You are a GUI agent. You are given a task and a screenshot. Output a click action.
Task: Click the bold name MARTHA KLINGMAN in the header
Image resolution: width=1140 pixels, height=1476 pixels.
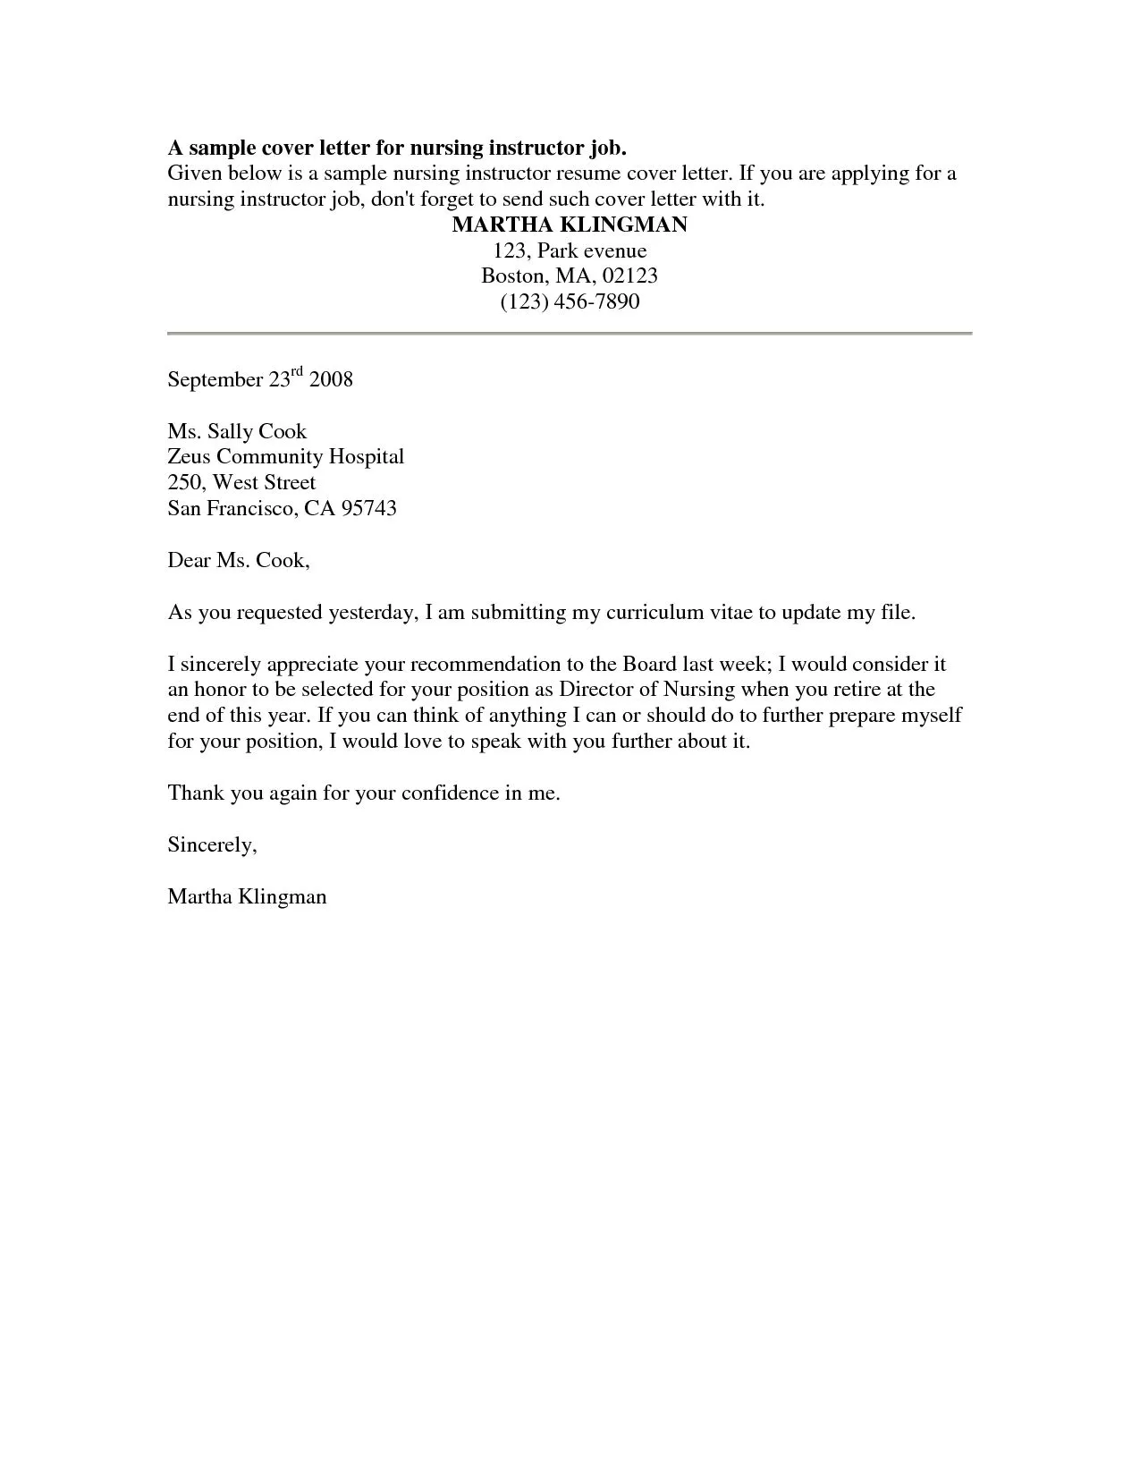(x=570, y=225)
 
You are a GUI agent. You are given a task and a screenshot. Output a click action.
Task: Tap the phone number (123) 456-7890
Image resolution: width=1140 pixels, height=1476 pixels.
(x=570, y=301)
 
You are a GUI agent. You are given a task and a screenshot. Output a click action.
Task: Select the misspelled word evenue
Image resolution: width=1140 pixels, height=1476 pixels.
(x=615, y=250)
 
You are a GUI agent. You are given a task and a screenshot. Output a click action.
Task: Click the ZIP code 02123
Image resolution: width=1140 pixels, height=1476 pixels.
(x=629, y=276)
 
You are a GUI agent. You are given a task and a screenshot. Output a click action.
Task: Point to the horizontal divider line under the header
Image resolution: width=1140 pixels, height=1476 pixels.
(x=570, y=334)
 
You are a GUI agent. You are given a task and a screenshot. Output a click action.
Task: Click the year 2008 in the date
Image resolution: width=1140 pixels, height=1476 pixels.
(x=331, y=379)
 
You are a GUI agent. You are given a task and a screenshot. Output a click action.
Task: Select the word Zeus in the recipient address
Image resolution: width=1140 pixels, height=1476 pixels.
(x=189, y=457)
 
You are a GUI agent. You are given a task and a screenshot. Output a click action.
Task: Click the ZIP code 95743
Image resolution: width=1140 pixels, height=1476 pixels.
(x=368, y=509)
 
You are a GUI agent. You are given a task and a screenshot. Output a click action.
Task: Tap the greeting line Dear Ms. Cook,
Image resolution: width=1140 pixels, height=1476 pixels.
(x=239, y=561)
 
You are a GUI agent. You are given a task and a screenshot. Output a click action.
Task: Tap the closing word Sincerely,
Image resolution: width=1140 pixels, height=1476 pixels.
(x=213, y=845)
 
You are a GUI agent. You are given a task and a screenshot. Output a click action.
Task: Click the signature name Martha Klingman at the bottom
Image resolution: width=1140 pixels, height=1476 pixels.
(x=247, y=896)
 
